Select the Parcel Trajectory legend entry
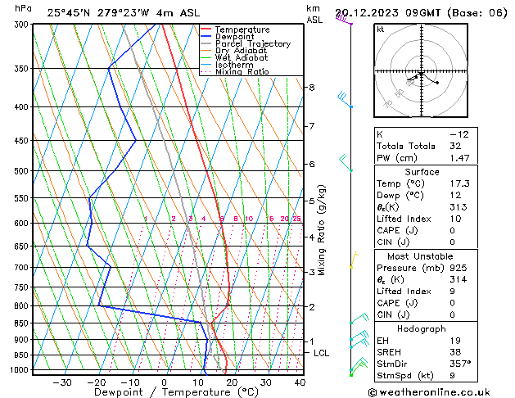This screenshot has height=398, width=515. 252,44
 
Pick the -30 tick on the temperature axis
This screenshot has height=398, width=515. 62,382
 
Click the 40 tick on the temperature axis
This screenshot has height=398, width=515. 300,382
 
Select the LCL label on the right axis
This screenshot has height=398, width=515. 322,353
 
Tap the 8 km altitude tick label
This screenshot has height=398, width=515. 311,88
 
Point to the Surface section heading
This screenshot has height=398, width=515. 422,172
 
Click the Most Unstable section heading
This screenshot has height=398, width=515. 422,256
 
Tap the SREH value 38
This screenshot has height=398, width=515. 455,351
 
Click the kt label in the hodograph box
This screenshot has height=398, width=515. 381,29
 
